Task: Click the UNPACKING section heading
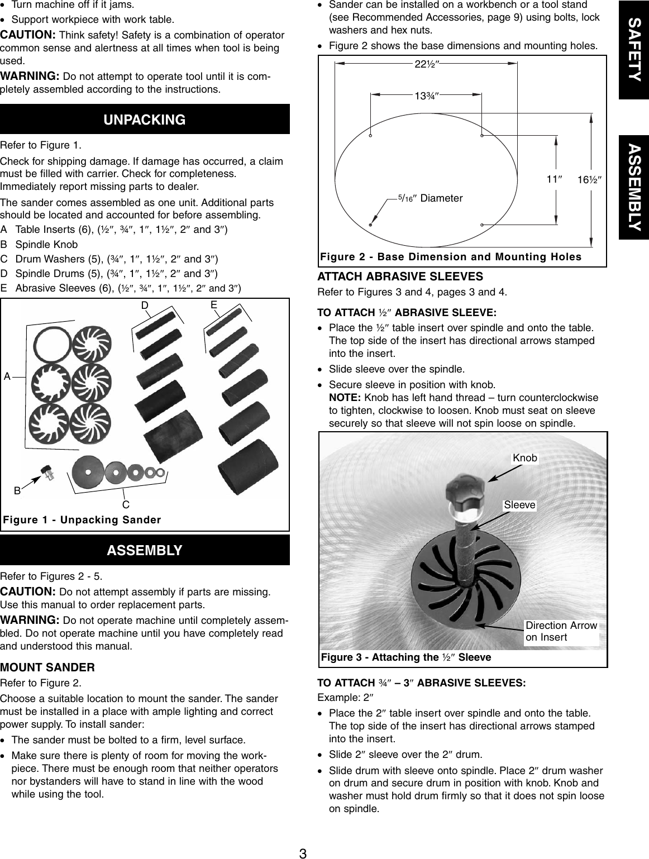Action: pyautogui.click(x=145, y=120)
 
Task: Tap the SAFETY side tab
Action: pyautogui.click(x=634, y=50)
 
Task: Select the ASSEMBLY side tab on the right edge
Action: pyautogui.click(x=634, y=187)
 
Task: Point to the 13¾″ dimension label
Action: pyautogui.click(x=426, y=96)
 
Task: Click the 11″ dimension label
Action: pyautogui.click(x=553, y=179)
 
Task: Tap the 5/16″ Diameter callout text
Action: pyautogui.click(x=430, y=198)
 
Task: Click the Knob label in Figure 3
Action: pyautogui.click(x=524, y=458)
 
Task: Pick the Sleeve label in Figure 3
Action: pyautogui.click(x=519, y=505)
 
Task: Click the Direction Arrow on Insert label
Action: pyautogui.click(x=561, y=632)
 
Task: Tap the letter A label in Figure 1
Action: pyautogui.click(x=7, y=377)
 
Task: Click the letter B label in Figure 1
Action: pyautogui.click(x=17, y=491)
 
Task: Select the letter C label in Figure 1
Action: pyautogui.click(x=126, y=505)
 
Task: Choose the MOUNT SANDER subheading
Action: pyautogui.click(x=47, y=667)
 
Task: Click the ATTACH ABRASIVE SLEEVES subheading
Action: pyautogui.click(x=400, y=276)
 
